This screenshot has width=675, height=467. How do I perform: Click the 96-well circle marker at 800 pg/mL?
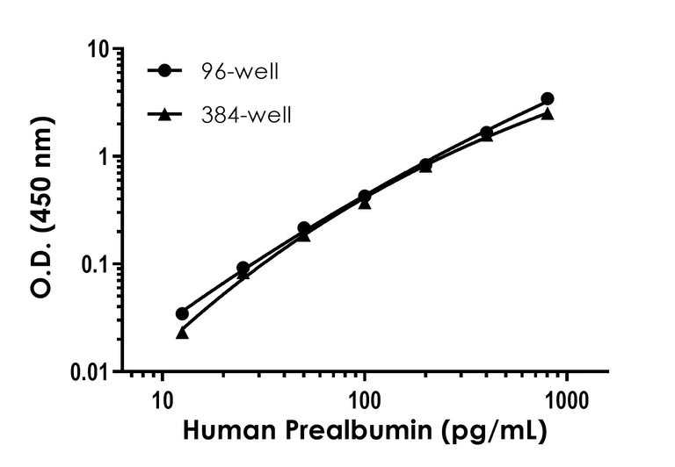[x=547, y=99]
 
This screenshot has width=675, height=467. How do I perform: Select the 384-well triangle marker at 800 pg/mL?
[x=547, y=113]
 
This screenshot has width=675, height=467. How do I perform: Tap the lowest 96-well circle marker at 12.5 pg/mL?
[x=182, y=313]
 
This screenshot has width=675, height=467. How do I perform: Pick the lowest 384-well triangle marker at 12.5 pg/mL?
[x=182, y=333]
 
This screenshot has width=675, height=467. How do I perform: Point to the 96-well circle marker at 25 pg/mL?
[x=243, y=268]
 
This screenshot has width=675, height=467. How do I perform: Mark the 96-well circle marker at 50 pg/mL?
[x=304, y=228]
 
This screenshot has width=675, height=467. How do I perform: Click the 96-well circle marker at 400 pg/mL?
[x=486, y=133]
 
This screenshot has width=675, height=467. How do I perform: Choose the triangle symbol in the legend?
[x=163, y=113]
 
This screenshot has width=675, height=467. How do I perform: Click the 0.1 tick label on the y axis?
[x=96, y=264]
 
